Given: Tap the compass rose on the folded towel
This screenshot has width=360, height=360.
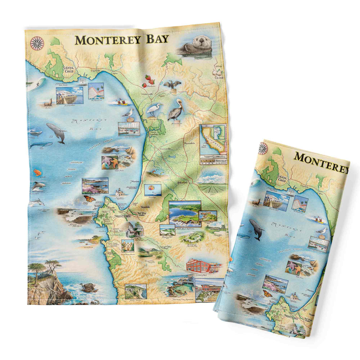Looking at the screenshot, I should coord(263,149).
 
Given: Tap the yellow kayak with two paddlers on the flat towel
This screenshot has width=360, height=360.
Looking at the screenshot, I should coord(122,102).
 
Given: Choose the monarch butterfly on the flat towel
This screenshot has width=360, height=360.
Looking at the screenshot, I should coord(89,199).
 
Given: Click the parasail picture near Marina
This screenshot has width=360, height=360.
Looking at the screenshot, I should coord(153,190).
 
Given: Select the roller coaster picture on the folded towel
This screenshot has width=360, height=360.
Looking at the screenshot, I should coord(300,203).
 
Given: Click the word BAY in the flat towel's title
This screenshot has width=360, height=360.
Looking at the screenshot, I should coord(157,40).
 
